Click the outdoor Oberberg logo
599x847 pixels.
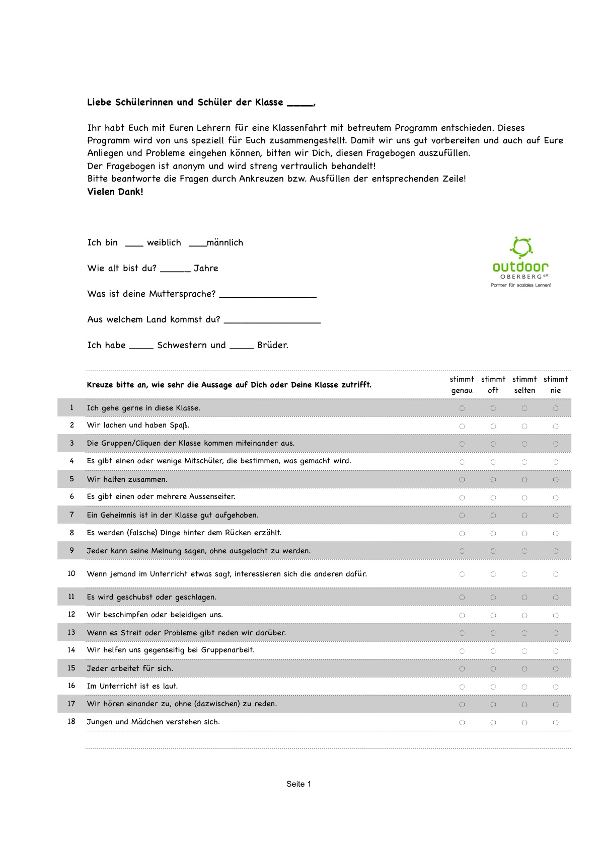coord(521,262)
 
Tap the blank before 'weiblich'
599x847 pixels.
coord(134,244)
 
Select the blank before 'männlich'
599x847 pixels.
coord(197,244)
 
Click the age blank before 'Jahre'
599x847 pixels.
coord(175,270)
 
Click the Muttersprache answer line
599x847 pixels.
coord(268,295)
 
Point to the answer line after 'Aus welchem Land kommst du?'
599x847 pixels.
coord(272,321)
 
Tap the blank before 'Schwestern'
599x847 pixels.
coord(141,347)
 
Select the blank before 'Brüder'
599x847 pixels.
coord(242,347)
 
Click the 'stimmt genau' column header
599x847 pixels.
coord(462,385)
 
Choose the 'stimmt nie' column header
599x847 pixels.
coord(555,385)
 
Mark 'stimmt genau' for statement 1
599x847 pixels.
coord(462,408)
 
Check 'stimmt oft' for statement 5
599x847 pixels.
coord(493,480)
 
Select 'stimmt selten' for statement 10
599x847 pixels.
coord(525,574)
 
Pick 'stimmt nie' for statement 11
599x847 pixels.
coord(556,598)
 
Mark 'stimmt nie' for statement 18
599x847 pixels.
coord(556,723)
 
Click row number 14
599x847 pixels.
coord(71,650)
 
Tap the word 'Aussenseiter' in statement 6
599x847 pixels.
coord(212,497)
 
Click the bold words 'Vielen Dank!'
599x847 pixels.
coord(115,192)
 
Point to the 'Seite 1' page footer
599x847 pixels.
coord(298,784)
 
